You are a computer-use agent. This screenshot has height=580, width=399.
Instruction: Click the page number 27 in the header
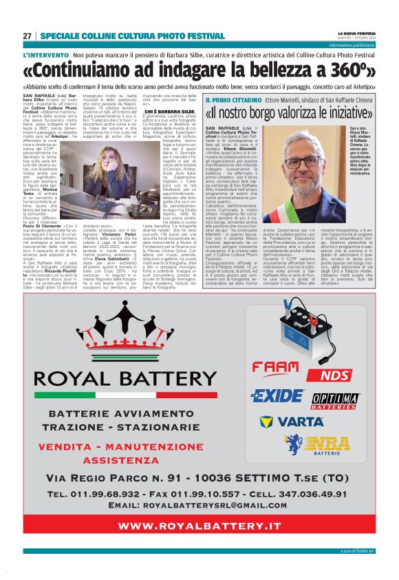click(x=27, y=36)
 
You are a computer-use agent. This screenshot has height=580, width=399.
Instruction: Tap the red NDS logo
click(x=336, y=375)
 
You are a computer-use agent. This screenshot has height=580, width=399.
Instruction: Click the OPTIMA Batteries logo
click(x=336, y=400)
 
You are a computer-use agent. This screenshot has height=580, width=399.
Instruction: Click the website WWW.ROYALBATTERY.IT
click(x=199, y=525)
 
